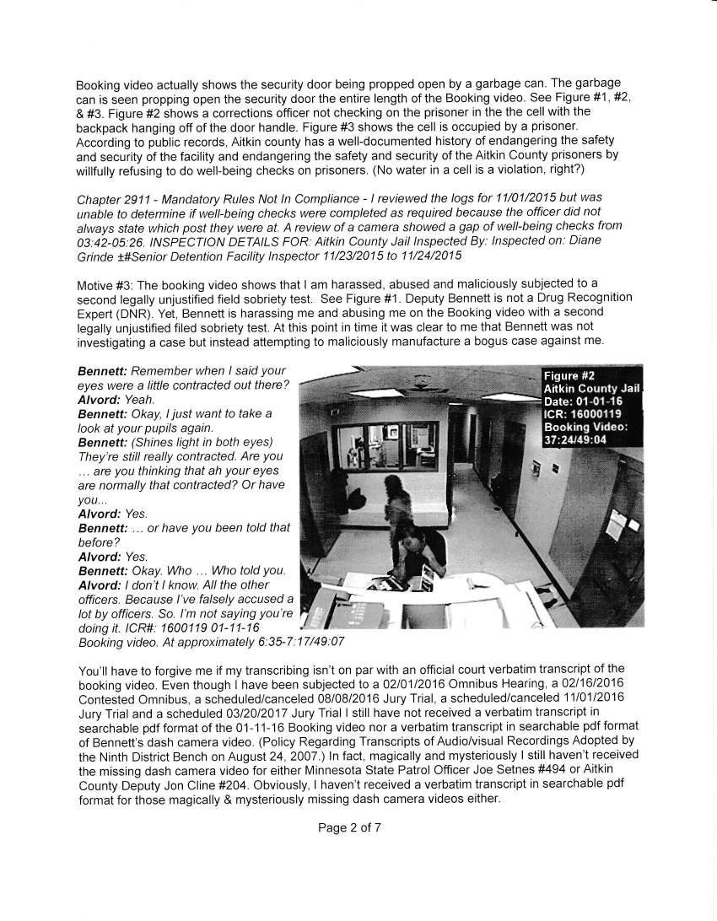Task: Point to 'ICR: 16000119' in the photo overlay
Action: click(582, 413)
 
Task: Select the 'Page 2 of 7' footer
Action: click(349, 827)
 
